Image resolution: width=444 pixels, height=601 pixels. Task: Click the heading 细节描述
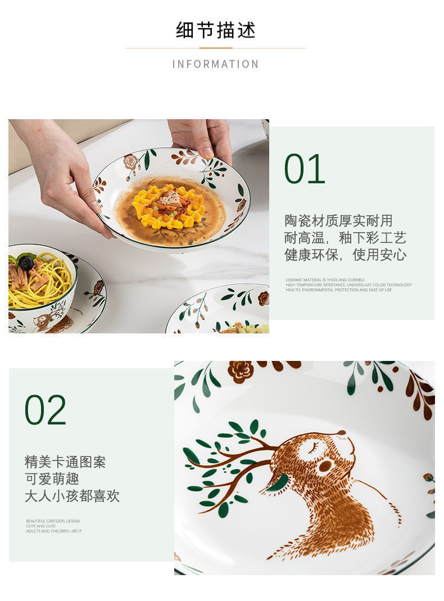pos(216,30)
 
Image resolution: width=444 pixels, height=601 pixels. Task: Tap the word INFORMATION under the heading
pos(216,64)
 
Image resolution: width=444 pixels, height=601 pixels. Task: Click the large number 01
pos(305,169)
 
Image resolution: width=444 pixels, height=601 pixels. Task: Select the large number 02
pos(45,410)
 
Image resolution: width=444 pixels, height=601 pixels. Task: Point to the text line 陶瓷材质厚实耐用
pos(338,220)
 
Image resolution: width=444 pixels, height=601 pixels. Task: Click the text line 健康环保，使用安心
pos(345,255)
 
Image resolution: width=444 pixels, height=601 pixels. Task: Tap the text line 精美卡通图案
pos(65,462)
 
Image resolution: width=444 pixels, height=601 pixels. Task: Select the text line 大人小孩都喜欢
pos(72,496)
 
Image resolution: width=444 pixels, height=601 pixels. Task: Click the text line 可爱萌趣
pos(52,479)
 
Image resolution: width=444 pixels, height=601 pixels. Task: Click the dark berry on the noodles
pos(26,263)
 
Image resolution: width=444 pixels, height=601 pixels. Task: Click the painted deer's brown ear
pos(324,466)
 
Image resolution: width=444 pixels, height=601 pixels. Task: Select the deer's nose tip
pos(341,433)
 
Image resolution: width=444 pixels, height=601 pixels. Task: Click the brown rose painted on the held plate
pos(131,162)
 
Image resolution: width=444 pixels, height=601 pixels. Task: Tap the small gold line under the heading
pos(216,48)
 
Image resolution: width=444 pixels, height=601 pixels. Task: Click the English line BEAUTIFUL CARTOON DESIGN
pos(53,521)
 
